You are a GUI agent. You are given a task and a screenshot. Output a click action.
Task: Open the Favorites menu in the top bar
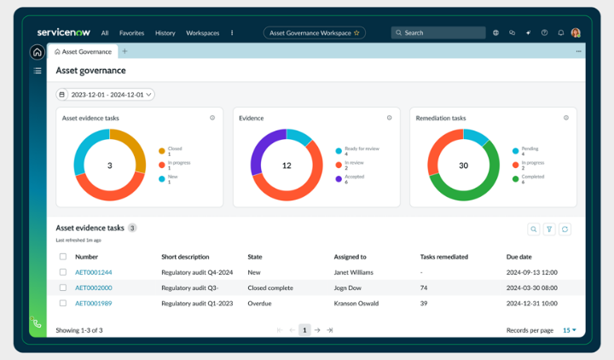131,33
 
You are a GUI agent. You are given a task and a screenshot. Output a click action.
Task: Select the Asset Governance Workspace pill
315,33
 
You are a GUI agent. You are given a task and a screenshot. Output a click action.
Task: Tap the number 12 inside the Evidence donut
287,165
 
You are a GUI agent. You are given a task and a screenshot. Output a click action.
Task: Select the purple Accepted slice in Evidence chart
259,155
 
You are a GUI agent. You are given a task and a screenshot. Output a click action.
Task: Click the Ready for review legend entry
361,148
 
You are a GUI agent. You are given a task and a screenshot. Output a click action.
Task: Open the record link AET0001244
93,272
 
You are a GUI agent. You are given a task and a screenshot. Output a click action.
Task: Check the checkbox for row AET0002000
62,287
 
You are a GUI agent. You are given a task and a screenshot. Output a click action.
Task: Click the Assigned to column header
350,256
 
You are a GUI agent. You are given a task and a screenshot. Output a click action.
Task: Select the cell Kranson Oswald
357,303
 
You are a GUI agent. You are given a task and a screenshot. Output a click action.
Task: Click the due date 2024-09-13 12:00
531,272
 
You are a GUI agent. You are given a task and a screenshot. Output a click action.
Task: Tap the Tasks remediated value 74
424,287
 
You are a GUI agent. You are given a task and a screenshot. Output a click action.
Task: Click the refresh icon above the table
565,229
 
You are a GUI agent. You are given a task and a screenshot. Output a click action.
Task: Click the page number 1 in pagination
304,330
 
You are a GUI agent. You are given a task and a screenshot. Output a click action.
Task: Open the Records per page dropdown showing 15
569,330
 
